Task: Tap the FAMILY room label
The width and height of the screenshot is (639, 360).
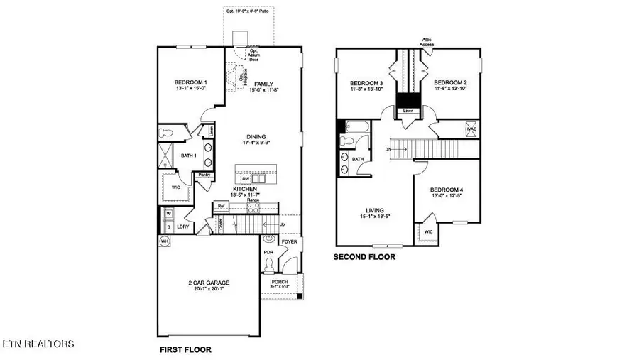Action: point(263,84)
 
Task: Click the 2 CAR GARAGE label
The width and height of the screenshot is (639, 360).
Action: point(207,283)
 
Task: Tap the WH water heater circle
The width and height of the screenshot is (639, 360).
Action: point(165,241)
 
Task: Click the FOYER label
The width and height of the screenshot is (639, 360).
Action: point(289,241)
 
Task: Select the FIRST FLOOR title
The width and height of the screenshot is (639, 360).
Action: point(184,349)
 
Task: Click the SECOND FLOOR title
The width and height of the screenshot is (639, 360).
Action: point(364,257)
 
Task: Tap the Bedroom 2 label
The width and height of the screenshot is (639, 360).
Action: point(449,82)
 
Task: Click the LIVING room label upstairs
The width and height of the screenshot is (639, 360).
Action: point(374,211)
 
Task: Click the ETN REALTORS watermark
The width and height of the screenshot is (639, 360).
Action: point(37,344)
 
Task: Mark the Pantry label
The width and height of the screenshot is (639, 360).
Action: point(204,175)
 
